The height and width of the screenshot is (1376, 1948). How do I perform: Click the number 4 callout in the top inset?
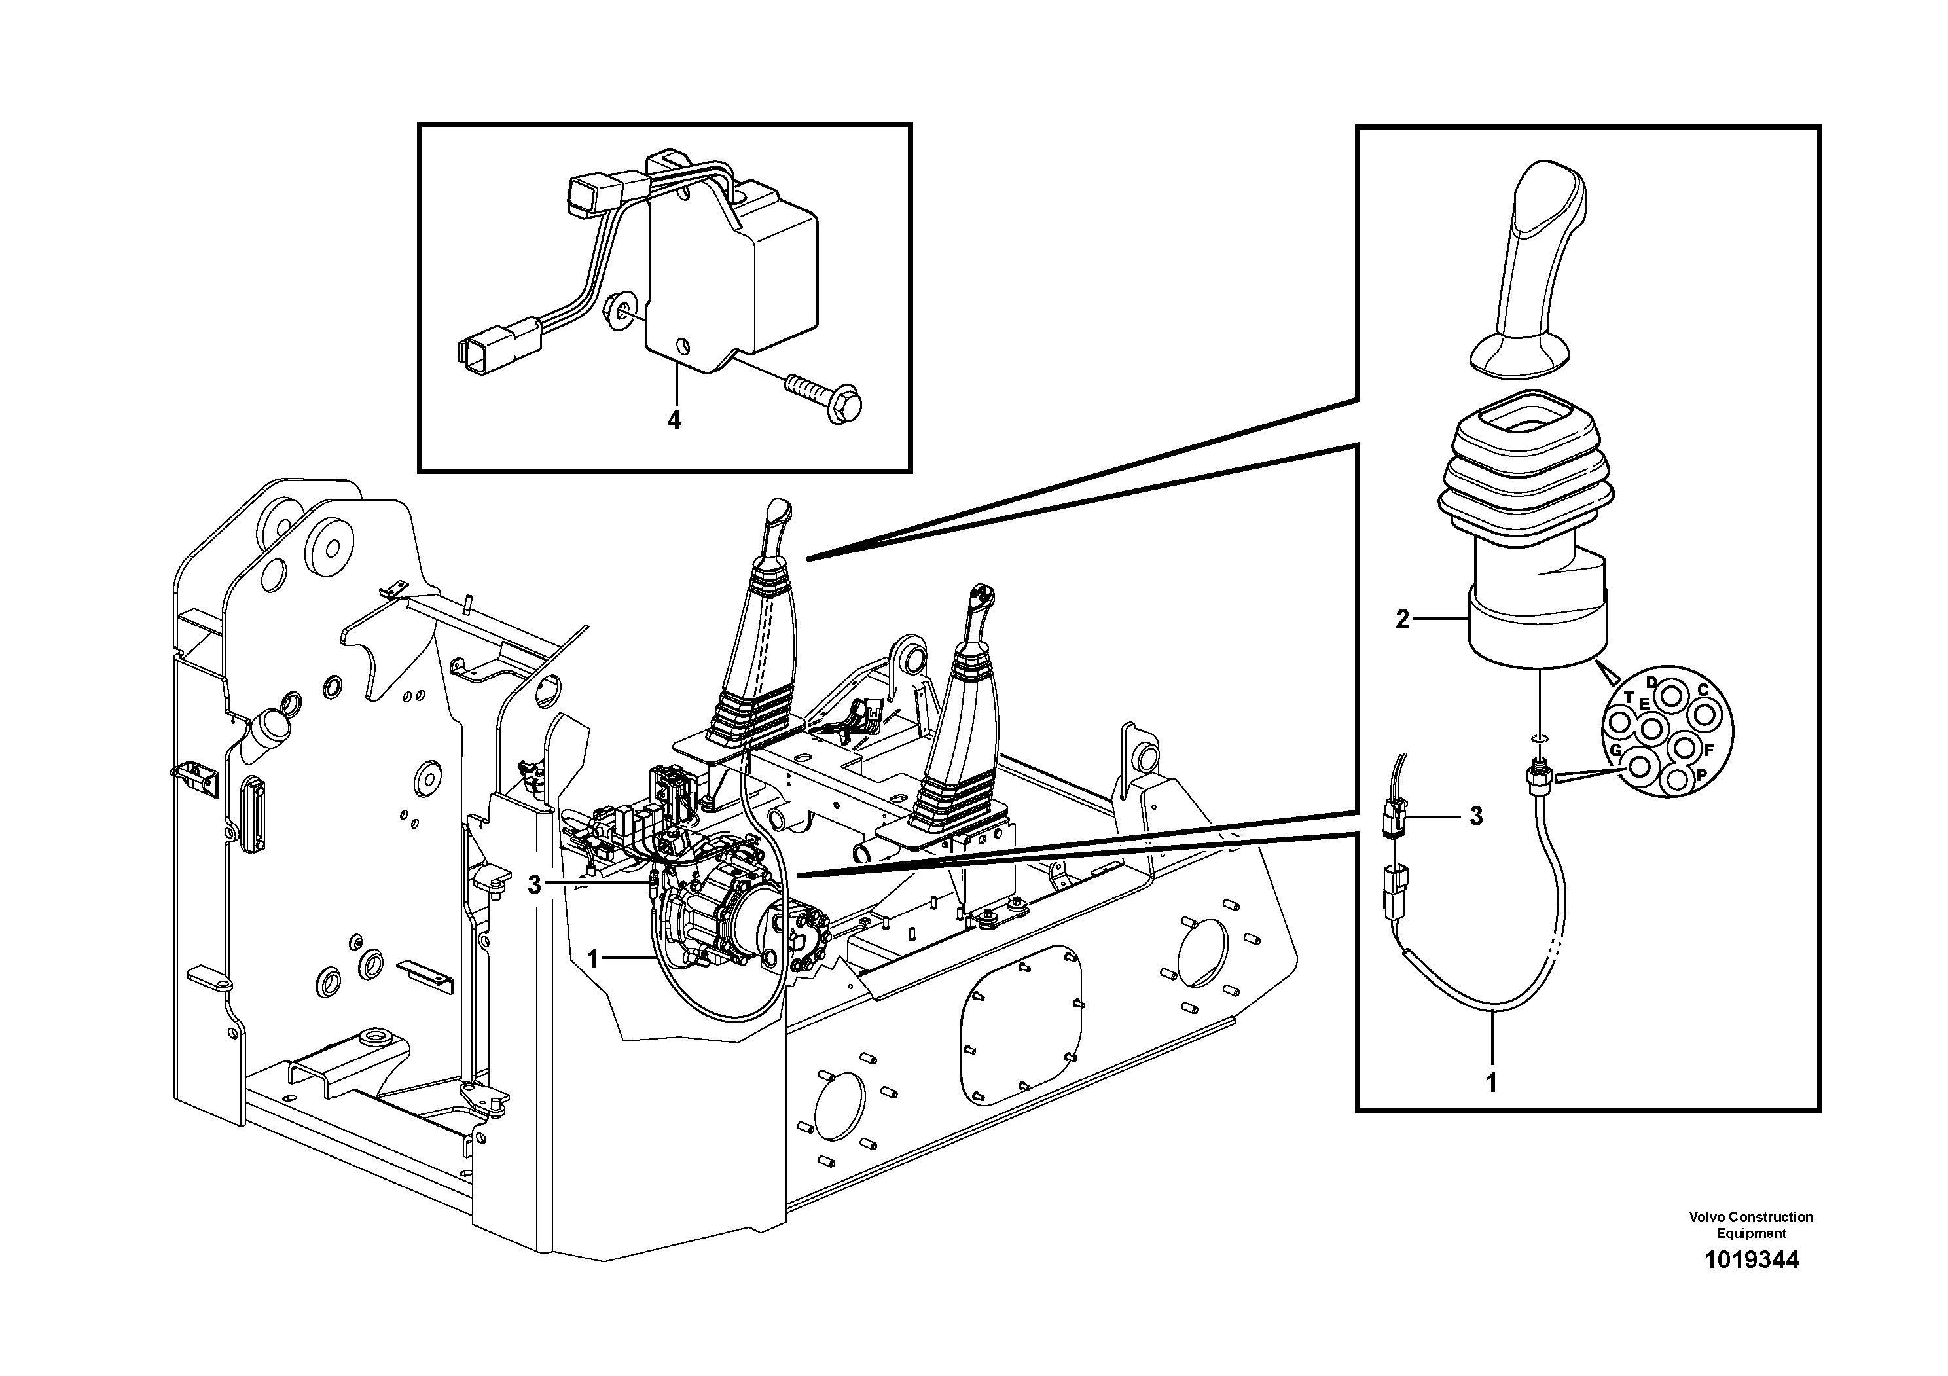click(x=674, y=420)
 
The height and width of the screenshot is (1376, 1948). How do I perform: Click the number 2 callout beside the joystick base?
click(x=1403, y=620)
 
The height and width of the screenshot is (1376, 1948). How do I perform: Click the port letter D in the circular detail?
click(x=1651, y=682)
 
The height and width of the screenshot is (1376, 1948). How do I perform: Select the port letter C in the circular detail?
click(x=1702, y=690)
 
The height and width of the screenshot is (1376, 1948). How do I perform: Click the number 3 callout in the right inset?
click(x=1476, y=817)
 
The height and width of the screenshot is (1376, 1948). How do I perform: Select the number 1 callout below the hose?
click(x=1492, y=1083)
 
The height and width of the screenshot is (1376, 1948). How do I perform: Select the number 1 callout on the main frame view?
click(x=593, y=960)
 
